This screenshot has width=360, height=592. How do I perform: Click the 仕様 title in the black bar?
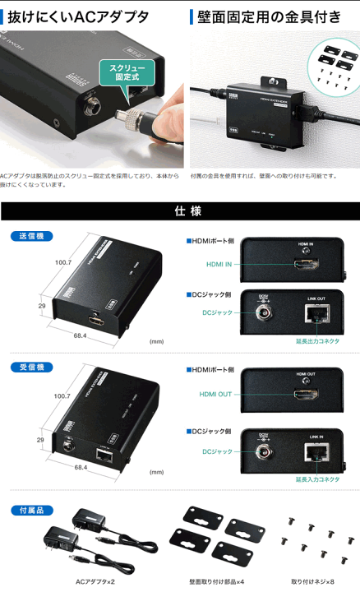tap(180, 211)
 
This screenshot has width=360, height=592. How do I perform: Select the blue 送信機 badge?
tap(31, 236)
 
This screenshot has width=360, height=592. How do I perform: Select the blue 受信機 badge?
tap(31, 368)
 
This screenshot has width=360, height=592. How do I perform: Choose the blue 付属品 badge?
tap(31, 510)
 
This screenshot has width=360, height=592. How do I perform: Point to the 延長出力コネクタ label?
tap(318, 340)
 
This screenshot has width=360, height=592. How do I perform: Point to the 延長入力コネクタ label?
tap(318, 479)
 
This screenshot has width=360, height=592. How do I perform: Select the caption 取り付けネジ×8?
tap(312, 581)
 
